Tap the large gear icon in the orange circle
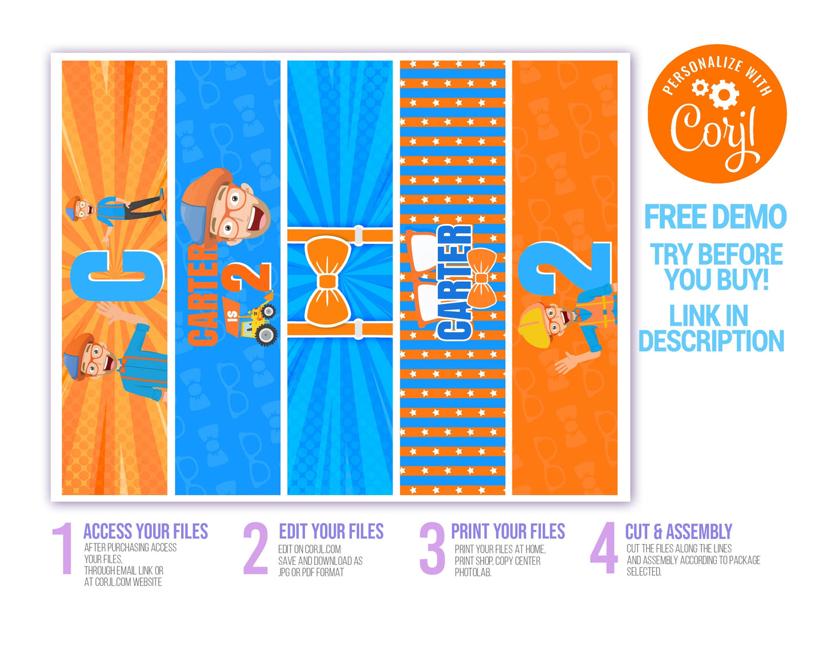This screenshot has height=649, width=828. click(x=724, y=94)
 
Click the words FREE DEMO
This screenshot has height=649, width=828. click(x=715, y=217)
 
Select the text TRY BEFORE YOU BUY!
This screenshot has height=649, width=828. click(x=716, y=267)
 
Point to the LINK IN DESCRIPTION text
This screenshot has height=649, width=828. click(x=711, y=328)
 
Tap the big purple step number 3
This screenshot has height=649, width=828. click(x=432, y=548)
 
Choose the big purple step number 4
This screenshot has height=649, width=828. click(x=603, y=548)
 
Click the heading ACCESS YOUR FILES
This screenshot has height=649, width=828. click(x=146, y=532)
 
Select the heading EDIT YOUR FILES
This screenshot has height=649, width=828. click(x=331, y=532)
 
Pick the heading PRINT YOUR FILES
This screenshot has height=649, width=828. click(x=508, y=532)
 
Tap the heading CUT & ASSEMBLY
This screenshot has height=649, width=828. click(x=678, y=532)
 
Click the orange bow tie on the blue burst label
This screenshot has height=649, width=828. click(x=328, y=282)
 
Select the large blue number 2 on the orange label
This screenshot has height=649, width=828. click(x=564, y=269)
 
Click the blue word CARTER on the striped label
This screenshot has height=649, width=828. click(x=454, y=282)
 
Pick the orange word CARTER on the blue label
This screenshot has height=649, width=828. click(x=202, y=296)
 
